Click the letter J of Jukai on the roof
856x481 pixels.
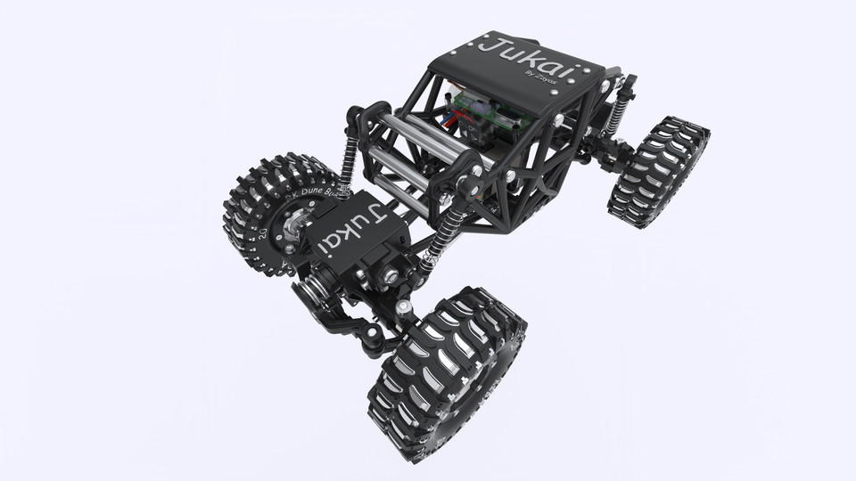(x=490, y=44)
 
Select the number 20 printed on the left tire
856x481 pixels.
(x=265, y=235)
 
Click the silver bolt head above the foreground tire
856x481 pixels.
(x=405, y=307)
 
